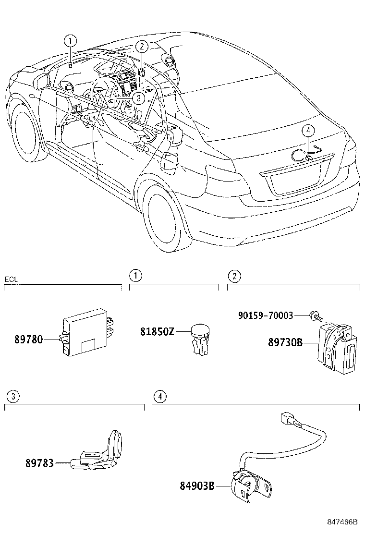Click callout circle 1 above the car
pos(71,41)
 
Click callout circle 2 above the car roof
pos(141,47)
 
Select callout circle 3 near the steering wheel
pos(138,98)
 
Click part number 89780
pos(28,340)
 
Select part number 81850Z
pos(157,331)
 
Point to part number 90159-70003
pos(266,316)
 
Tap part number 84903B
pos(197,485)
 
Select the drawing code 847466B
pos(343,522)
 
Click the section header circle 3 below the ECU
pos(14,396)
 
